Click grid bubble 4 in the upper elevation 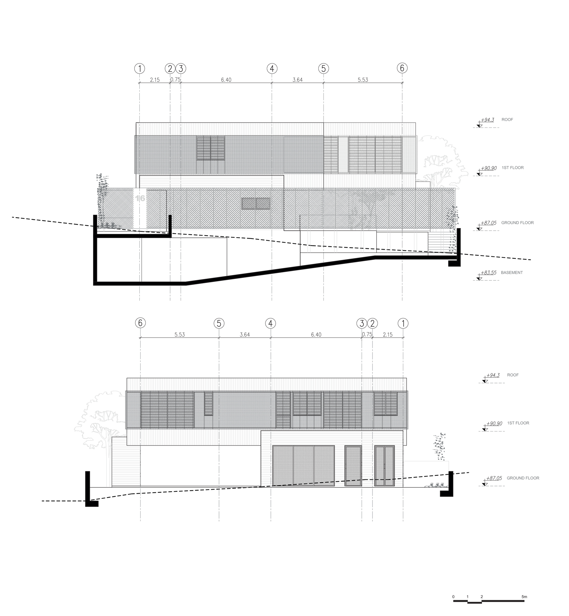pos(272,69)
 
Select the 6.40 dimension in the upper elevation pos(226,80)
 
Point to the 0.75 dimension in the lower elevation pos(367,335)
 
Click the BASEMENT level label pos(512,272)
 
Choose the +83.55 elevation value pos(489,272)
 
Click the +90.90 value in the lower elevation pos(494,423)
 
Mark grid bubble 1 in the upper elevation pos(140,69)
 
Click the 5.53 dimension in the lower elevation pos(180,335)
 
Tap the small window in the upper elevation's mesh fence pos(256,204)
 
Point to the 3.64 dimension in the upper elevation pos(297,80)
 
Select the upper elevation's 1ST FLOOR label pos(513,168)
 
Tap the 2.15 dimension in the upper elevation pos(154,80)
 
